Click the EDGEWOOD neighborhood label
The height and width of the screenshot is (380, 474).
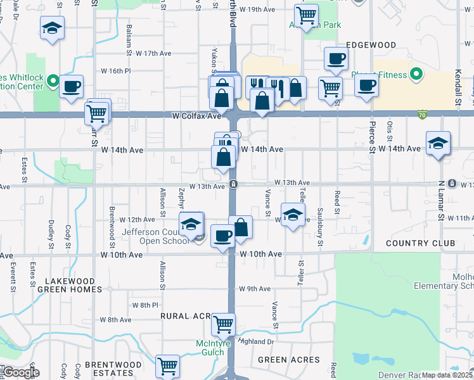[371, 46]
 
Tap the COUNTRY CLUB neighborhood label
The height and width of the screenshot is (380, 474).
[420, 244]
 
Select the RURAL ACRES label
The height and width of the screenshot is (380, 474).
[185, 316]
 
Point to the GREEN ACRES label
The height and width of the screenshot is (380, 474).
[288, 360]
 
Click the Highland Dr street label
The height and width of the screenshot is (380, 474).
[255, 341]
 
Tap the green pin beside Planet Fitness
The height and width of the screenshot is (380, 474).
[416, 75]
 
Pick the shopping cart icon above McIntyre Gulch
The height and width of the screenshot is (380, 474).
[223, 324]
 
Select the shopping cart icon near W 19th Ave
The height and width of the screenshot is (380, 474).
[306, 14]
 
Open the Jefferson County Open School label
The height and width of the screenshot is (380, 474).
[162, 236]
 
